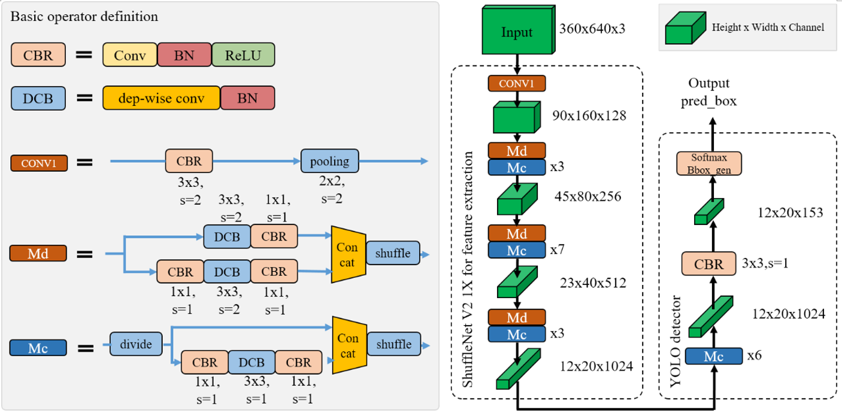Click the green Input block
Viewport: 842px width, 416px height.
[x=516, y=31]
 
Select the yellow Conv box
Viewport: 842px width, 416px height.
[x=130, y=54]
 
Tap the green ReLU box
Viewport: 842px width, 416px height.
[x=243, y=54]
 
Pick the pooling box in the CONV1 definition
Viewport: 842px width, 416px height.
[x=329, y=160]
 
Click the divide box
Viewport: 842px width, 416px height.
[x=136, y=344]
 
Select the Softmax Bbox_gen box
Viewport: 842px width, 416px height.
[x=708, y=163]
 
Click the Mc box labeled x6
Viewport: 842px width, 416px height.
[x=713, y=356]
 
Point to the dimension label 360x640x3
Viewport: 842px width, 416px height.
[x=592, y=28]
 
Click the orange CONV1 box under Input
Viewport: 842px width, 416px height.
[x=516, y=83]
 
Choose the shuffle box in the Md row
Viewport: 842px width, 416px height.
[x=393, y=253]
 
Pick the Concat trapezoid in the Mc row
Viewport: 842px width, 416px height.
[x=347, y=345]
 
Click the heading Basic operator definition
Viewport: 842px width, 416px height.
[x=84, y=16]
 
